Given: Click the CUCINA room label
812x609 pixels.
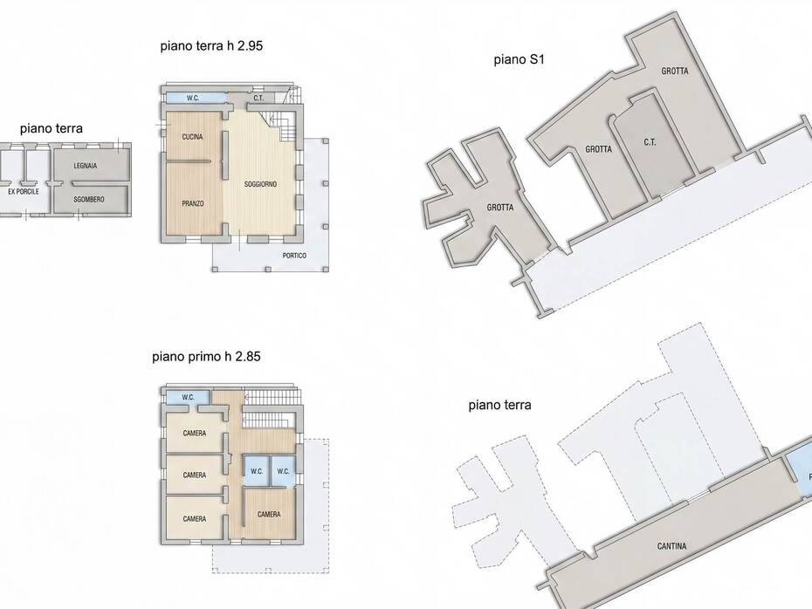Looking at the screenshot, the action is [192, 137].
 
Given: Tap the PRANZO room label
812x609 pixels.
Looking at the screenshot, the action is [193, 204].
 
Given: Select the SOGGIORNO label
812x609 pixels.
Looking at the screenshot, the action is [260, 184].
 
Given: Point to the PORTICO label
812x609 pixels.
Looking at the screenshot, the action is [294, 256].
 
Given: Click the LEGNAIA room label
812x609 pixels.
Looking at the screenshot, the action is [85, 166].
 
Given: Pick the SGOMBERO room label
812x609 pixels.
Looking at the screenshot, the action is [88, 199].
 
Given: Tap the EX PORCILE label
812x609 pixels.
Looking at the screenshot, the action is [24, 191].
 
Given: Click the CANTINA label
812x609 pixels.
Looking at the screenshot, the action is [671, 546].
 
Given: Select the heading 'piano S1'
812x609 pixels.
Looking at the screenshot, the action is [519, 59].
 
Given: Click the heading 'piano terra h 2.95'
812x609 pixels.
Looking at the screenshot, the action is [211, 45].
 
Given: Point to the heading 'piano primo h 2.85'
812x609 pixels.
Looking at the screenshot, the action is [206, 357].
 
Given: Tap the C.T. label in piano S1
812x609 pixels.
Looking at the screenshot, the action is [650, 142].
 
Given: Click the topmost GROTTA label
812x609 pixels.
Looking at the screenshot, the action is [675, 71].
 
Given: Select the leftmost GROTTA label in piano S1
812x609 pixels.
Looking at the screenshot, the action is [500, 208].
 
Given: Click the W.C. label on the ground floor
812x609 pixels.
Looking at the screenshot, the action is [193, 98].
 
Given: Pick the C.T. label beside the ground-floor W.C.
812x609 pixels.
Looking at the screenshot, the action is [258, 98].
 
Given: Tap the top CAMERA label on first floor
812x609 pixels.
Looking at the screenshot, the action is [195, 434].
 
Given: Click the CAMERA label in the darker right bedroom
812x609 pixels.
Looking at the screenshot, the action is [269, 514].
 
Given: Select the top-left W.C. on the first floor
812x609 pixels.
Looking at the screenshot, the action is [188, 397].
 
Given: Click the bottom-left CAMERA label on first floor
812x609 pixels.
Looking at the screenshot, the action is [195, 519].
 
